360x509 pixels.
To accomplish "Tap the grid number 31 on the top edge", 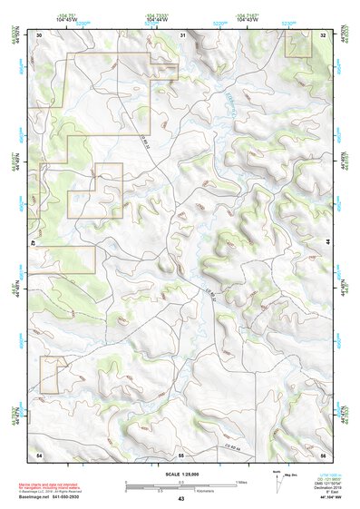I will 183,34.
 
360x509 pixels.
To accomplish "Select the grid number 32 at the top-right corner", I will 324,34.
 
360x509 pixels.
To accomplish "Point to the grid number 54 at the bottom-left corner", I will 39,452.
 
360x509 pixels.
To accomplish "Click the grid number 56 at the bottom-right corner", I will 324,452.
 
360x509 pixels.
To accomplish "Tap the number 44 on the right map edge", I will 328,244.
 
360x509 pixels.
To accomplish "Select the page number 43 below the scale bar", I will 181,499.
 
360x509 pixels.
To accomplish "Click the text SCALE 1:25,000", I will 180,474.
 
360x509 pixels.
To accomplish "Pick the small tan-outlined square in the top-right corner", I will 298,47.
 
